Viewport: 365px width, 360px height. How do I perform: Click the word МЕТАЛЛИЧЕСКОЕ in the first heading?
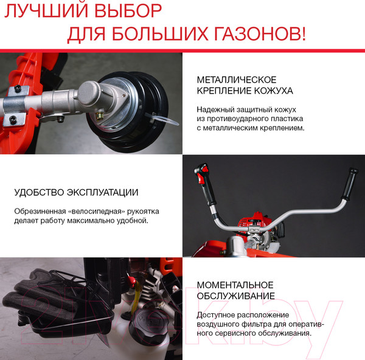click(x=237, y=80)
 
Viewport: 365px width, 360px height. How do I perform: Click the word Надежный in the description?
click(x=214, y=109)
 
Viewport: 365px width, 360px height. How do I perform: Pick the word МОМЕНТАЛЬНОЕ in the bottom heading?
click(x=235, y=285)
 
